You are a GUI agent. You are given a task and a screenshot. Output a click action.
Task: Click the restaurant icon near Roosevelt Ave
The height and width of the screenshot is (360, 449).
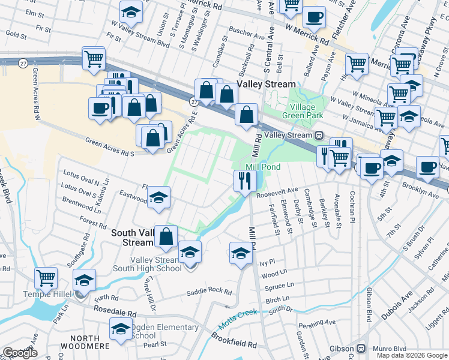(244, 180)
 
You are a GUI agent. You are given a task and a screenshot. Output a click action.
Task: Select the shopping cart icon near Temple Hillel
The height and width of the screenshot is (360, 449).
(46, 278)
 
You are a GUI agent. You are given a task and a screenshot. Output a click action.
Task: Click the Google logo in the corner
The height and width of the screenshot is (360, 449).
(19, 353)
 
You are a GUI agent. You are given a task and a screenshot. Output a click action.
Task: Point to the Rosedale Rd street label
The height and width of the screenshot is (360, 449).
(115, 313)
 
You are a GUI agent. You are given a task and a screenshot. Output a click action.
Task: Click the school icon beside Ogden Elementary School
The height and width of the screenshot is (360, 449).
(120, 329)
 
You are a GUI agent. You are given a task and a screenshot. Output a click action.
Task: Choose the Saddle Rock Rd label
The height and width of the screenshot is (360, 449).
(209, 291)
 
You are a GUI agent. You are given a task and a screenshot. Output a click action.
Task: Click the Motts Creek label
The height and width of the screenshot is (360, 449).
(237, 317)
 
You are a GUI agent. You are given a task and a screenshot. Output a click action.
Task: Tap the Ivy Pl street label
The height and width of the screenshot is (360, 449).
(267, 262)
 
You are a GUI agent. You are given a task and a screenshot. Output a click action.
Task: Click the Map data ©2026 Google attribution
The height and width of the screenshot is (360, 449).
(411, 355)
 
